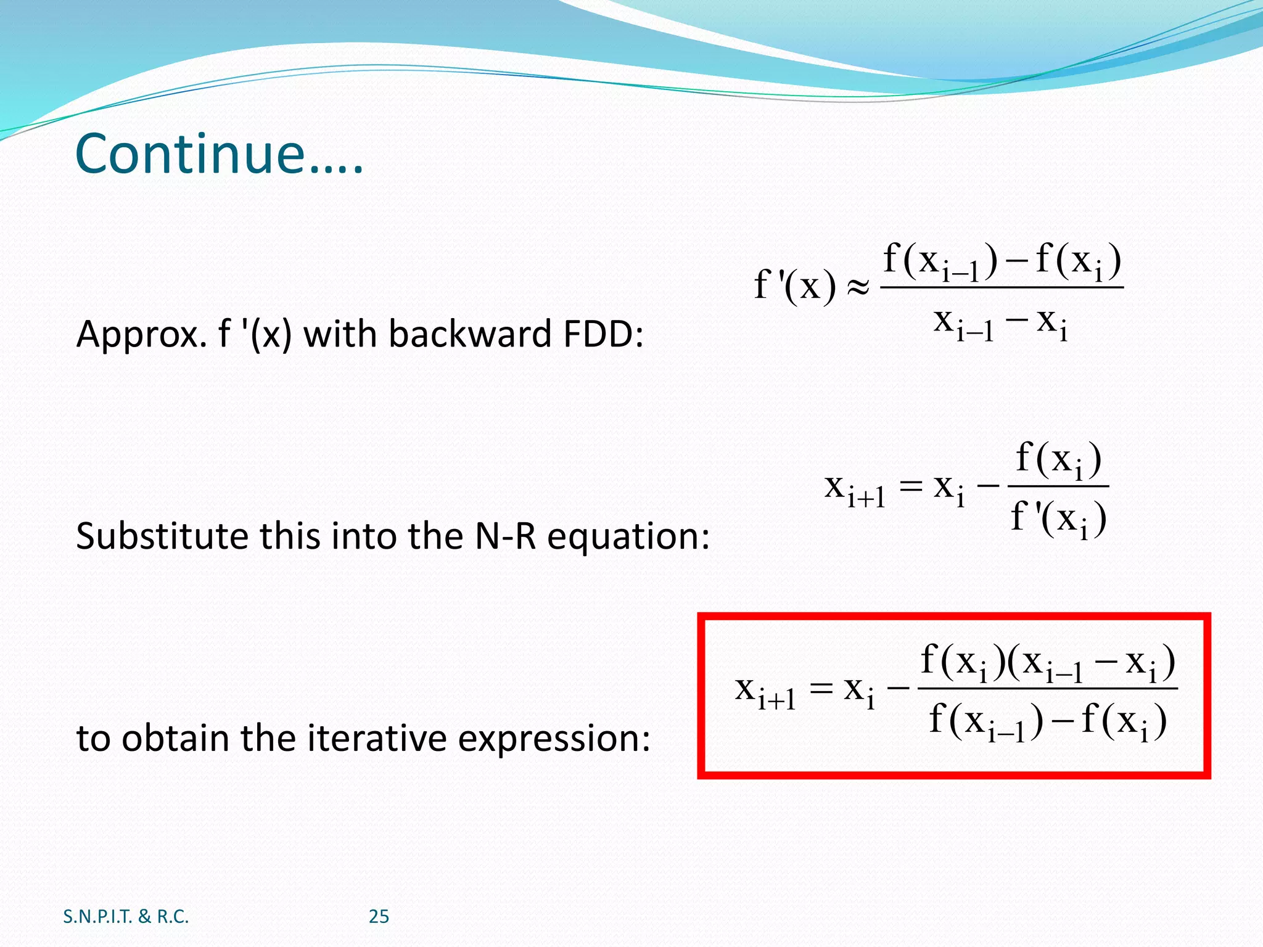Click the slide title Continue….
219,154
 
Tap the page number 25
379,917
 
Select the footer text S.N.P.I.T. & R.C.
126,917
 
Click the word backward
469,335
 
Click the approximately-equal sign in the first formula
858,286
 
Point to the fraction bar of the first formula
1002,287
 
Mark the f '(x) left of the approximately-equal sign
795,286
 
